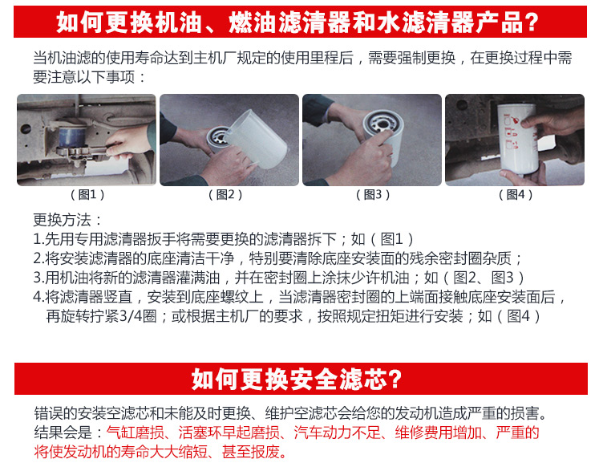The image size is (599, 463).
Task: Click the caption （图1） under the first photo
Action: click(x=87, y=195)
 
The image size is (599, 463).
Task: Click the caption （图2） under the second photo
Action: click(x=225, y=195)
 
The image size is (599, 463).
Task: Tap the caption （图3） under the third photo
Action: click(x=373, y=195)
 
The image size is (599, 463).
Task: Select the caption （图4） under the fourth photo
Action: click(x=516, y=195)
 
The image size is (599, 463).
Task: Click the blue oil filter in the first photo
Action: click(x=73, y=138)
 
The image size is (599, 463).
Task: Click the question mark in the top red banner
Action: click(x=531, y=22)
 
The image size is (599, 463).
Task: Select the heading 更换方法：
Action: click(x=67, y=220)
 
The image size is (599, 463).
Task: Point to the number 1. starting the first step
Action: click(x=38, y=240)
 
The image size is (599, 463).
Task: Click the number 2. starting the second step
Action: click(x=38, y=259)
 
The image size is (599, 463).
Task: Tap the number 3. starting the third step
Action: click(x=38, y=278)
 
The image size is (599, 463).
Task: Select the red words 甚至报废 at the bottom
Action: click(x=252, y=452)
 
